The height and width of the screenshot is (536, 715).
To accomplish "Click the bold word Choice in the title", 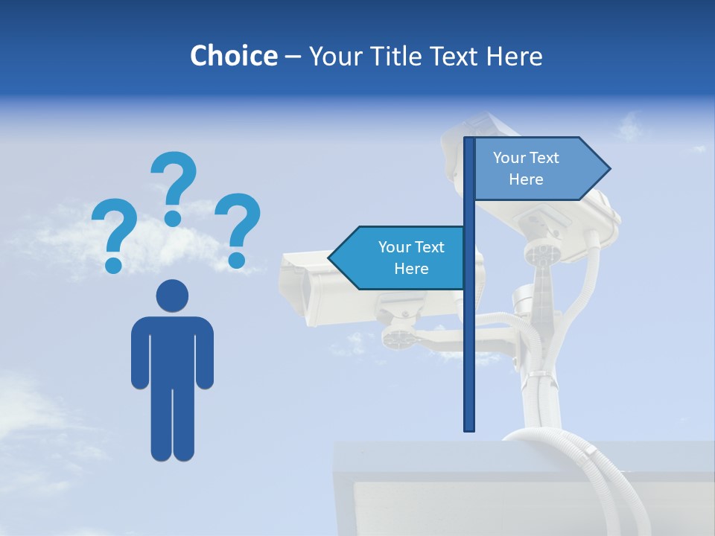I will tap(233, 56).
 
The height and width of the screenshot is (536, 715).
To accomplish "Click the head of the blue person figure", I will tap(172, 296).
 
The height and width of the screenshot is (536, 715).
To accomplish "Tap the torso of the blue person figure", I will tap(172, 350).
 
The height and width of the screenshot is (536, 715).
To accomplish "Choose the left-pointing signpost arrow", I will tap(398, 258).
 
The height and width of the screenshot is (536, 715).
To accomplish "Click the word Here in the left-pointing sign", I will tap(411, 269).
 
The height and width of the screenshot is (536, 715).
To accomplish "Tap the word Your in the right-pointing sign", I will tap(509, 158).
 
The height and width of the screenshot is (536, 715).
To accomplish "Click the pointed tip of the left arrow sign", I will tap(331, 258).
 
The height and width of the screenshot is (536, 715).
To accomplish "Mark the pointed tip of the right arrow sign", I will tap(608, 169).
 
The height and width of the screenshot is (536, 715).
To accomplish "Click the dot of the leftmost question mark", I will tap(113, 264).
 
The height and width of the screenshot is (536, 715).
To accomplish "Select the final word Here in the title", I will tap(514, 56).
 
